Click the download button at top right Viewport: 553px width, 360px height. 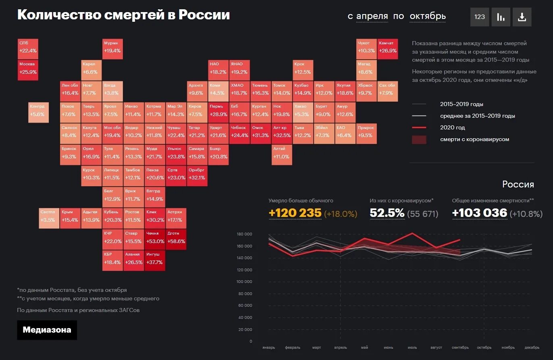(x=522, y=17)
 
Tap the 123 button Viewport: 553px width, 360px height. (x=480, y=17)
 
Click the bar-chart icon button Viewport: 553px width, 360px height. (x=501, y=17)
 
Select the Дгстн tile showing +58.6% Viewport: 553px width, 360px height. (x=176, y=238)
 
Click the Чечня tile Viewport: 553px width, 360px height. (x=155, y=238)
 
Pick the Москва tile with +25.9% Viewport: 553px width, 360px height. (x=28, y=69)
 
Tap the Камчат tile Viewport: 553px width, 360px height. (x=388, y=48)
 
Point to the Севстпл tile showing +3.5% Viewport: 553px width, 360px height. (x=49, y=217)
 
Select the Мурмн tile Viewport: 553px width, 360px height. (x=112, y=48)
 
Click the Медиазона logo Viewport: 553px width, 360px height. (x=47, y=330)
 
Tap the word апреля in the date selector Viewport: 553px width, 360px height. (x=372, y=17)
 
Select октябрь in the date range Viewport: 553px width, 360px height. (x=428, y=17)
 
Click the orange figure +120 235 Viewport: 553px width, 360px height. (x=295, y=213)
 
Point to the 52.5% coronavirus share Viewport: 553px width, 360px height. (x=387, y=213)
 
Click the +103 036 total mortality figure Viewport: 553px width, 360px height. (x=479, y=213)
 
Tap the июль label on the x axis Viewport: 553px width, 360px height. (x=412, y=348)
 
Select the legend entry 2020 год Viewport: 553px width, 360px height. (x=452, y=127)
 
